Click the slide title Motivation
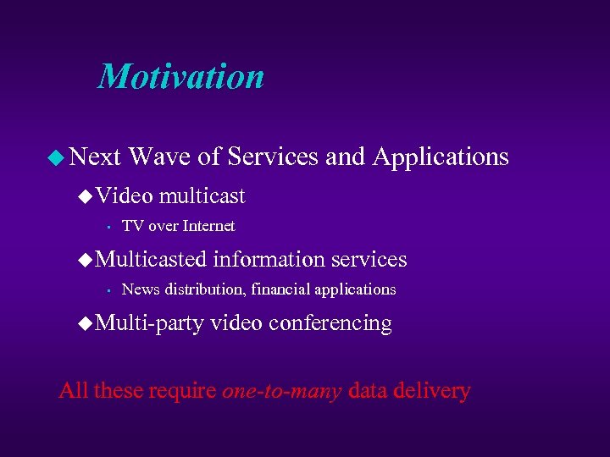click(x=181, y=76)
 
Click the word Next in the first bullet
click(x=95, y=157)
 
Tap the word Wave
click(x=160, y=157)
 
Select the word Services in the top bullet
click(x=273, y=157)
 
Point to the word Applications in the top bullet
click(x=441, y=157)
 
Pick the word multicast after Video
click(x=202, y=196)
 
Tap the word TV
click(x=131, y=226)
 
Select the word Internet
click(x=208, y=226)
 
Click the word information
click(x=269, y=259)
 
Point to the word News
click(x=141, y=289)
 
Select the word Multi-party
click(x=150, y=323)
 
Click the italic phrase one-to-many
click(x=281, y=391)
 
